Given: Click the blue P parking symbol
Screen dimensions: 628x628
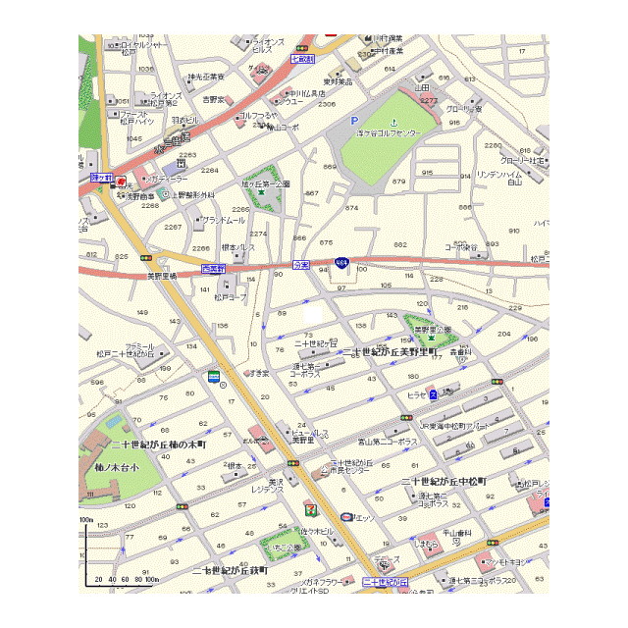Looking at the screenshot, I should (355, 121).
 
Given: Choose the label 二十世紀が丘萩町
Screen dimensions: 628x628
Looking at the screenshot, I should (230, 569).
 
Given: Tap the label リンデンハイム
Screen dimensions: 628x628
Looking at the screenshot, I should (500, 174).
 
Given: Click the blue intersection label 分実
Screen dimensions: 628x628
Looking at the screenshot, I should (301, 265).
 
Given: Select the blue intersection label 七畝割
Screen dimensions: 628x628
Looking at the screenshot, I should (301, 59).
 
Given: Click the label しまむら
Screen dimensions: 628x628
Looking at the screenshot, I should (426, 543).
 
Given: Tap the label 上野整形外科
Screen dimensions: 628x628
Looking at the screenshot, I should (189, 195).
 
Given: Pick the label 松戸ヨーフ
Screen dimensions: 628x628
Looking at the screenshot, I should (232, 297).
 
